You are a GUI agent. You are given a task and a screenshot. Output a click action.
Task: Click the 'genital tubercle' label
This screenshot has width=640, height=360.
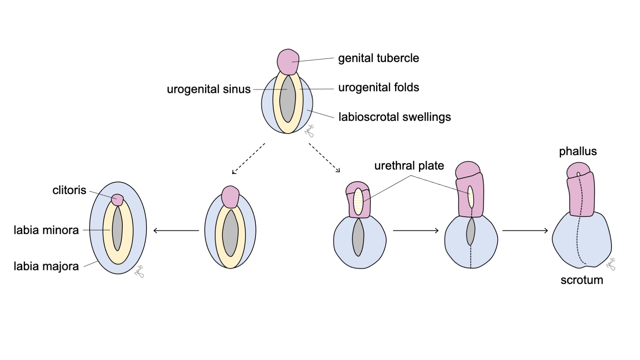tap(378, 58)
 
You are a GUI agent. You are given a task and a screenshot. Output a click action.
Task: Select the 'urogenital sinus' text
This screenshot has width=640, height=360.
tap(208, 89)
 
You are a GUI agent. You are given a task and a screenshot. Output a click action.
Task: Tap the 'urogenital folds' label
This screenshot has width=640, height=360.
tap(378, 87)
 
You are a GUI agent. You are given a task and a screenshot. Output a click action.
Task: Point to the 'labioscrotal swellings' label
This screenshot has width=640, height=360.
tap(395, 117)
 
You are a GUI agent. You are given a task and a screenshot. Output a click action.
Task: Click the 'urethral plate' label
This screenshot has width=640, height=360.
tap(409, 166)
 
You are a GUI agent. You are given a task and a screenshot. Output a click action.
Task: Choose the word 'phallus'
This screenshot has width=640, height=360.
tap(578, 151)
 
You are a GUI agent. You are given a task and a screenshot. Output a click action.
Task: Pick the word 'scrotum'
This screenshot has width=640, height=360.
tap(582, 280)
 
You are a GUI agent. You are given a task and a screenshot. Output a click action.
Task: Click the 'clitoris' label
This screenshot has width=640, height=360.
tap(69, 190)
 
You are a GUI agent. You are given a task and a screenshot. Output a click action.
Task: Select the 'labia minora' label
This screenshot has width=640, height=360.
tap(46, 230)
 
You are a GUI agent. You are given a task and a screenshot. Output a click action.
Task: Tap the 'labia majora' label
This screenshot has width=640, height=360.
tap(46, 266)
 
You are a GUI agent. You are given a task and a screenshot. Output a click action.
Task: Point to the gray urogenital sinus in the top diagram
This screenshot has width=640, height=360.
tap(288, 99)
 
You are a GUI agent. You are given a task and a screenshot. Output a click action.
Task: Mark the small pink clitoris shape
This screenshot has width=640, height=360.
tap(117, 200)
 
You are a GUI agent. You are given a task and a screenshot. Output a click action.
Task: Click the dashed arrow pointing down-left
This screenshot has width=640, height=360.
tap(248, 158)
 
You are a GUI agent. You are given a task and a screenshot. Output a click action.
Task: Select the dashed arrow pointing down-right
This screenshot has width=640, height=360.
tap(324, 158)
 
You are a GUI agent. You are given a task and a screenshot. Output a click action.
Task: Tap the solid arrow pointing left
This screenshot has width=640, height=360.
tap(176, 230)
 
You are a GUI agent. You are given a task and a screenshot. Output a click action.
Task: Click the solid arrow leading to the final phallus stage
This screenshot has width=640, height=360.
tap(525, 230)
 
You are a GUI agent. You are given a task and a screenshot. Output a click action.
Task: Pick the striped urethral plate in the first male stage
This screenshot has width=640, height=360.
tap(358, 202)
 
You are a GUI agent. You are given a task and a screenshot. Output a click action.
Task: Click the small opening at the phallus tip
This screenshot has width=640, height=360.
tap(578, 174)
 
